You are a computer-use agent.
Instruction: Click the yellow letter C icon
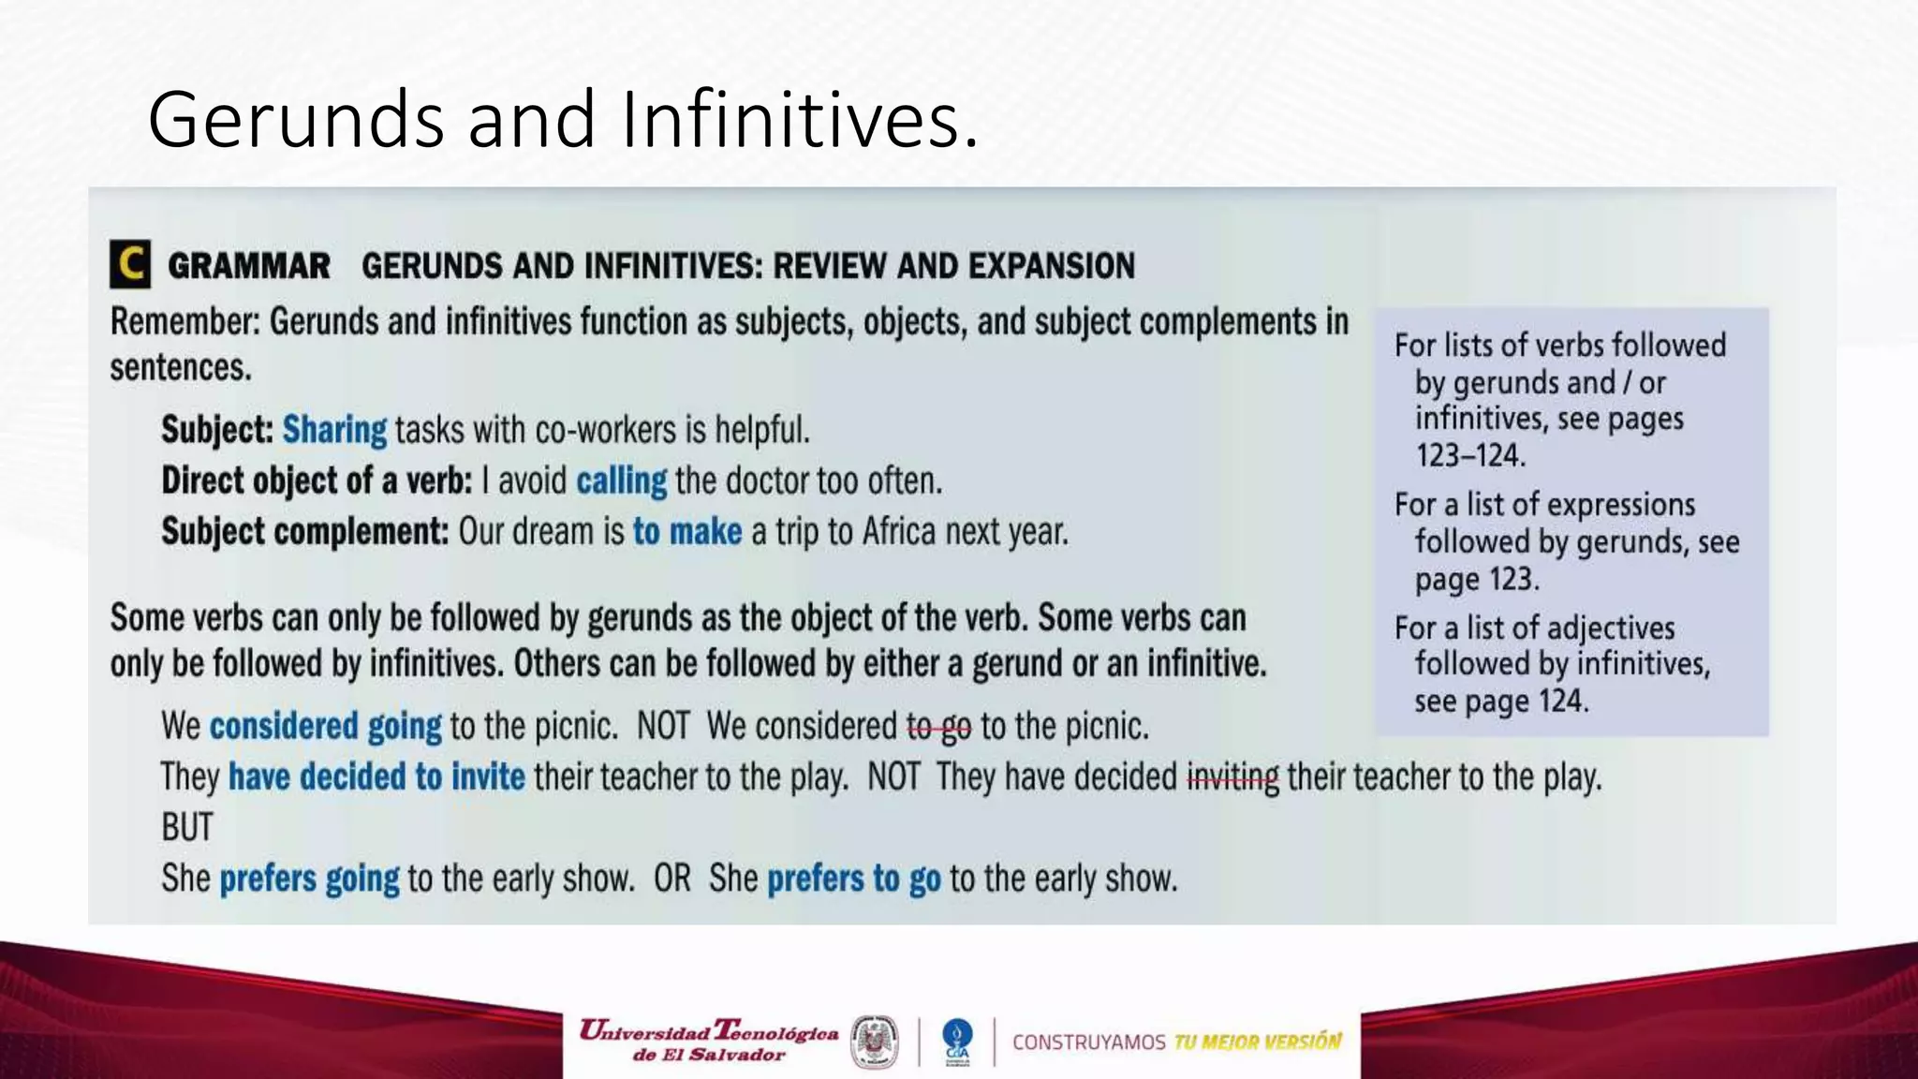[x=130, y=264]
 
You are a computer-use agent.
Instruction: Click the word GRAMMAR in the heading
[x=248, y=266]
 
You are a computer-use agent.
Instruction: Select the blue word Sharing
[x=334, y=430]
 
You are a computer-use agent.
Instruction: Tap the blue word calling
[x=621, y=480]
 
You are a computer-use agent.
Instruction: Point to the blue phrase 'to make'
[x=687, y=532]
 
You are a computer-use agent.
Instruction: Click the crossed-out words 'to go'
[x=938, y=727]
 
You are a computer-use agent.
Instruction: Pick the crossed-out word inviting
[x=1232, y=777]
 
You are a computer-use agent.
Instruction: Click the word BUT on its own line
[x=186, y=828]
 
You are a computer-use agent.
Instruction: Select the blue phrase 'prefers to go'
[x=853, y=879]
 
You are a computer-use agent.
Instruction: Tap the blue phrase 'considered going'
[x=325, y=727]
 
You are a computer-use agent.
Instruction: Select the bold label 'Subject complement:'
[x=305, y=532]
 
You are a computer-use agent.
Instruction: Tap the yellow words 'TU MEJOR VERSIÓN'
[x=1257, y=1042]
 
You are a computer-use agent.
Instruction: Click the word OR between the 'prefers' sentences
[x=671, y=879]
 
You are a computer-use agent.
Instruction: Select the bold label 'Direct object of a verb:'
[x=317, y=480]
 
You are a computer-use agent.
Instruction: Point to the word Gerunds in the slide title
[x=295, y=119]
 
